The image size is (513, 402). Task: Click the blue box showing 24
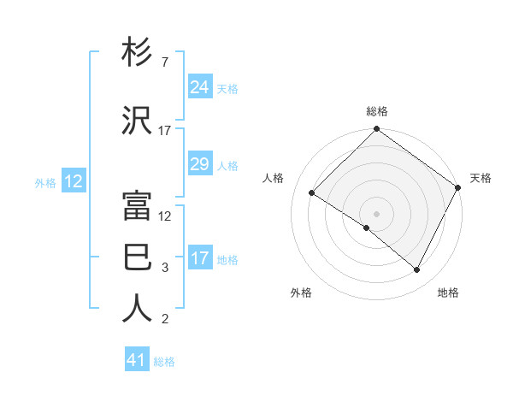click(200, 87)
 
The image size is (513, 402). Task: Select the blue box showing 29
click(200, 164)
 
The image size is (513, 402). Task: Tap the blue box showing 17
click(200, 258)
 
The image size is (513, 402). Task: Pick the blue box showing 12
click(73, 181)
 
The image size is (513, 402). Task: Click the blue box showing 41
click(137, 360)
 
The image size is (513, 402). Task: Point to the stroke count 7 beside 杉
click(164, 63)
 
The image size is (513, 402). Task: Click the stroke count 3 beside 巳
click(165, 268)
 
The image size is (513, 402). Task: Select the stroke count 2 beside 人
click(165, 320)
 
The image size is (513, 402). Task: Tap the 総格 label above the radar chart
click(377, 112)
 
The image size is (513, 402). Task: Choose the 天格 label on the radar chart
click(481, 178)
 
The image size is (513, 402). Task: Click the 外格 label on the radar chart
click(301, 293)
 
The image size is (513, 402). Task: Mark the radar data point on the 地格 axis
click(417, 270)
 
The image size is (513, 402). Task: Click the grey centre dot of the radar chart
click(376, 213)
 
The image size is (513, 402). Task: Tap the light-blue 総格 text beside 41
click(164, 362)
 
